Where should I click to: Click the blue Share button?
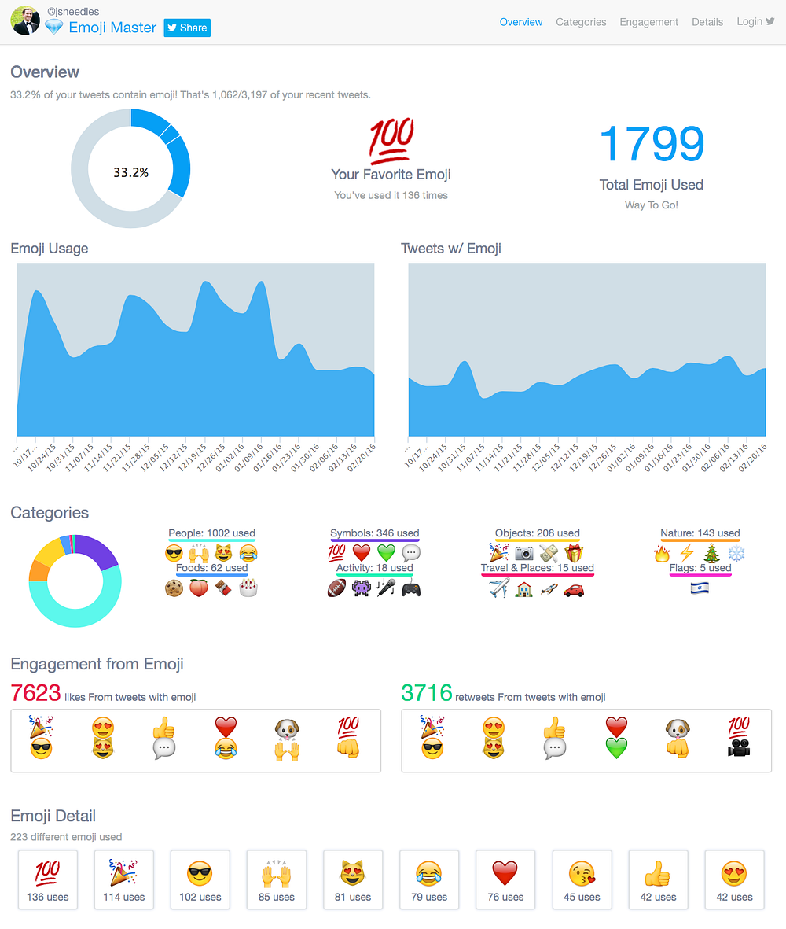[x=187, y=28]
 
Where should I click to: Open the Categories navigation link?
[x=581, y=22]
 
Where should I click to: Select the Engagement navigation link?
[x=648, y=22]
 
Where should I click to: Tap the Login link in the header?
[x=755, y=21]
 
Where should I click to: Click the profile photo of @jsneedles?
[x=25, y=20]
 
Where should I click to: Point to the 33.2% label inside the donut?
[x=130, y=172]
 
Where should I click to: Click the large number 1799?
[x=651, y=144]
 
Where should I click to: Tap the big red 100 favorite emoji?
[x=391, y=141]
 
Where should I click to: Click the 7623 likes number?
[x=35, y=692]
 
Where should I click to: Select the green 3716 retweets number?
[x=427, y=692]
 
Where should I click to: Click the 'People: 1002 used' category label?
[x=212, y=533]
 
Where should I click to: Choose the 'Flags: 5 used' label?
[x=700, y=568]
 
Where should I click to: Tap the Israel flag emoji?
[x=700, y=588]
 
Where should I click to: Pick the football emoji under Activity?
[x=336, y=588]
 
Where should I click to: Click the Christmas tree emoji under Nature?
[x=711, y=553]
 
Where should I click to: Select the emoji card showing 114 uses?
[x=123, y=879]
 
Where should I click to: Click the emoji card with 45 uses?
[x=582, y=879]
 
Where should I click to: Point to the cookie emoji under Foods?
[x=174, y=588]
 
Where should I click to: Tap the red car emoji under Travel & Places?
[x=574, y=589]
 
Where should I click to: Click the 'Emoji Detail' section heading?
[x=53, y=816]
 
